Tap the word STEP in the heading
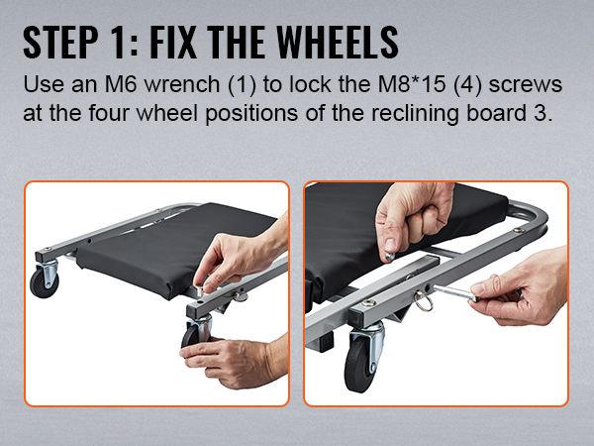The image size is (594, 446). point(60,42)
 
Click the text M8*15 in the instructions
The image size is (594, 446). point(411,84)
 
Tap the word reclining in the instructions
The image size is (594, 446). point(415,114)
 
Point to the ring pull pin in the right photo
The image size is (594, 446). point(422,300)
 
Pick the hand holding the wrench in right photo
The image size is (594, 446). point(523,288)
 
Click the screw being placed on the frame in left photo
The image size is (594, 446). point(200,289)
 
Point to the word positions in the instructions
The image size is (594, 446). point(251,114)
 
